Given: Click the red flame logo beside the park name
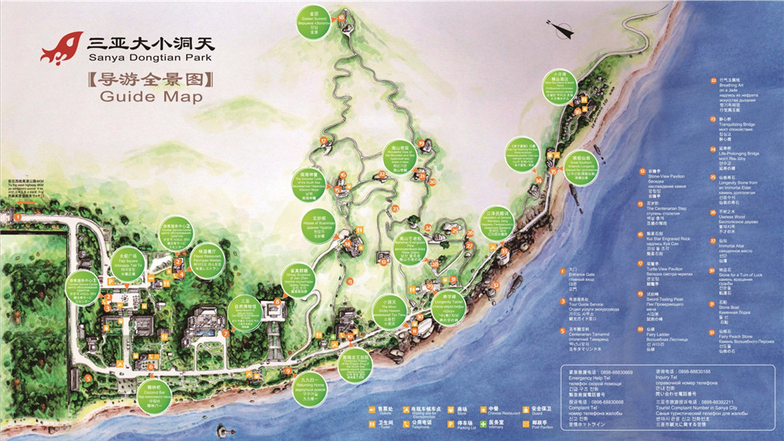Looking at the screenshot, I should [62, 48].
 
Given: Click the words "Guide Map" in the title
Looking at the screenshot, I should [151, 97].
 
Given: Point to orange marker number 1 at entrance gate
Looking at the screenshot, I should [17, 216].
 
